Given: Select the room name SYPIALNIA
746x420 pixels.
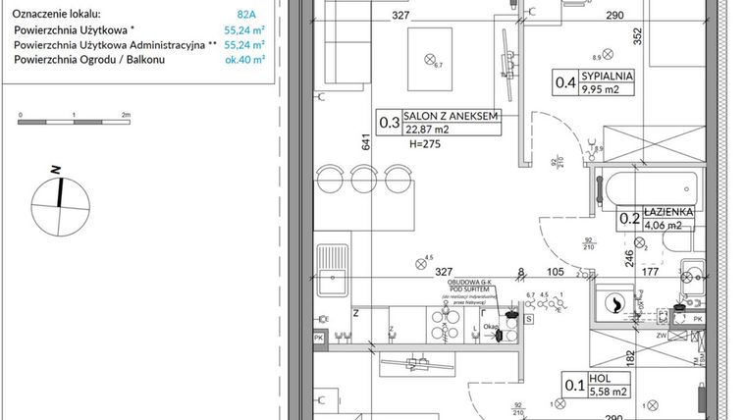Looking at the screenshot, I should (x=608, y=75).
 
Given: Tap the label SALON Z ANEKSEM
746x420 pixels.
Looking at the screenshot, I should (x=453, y=116).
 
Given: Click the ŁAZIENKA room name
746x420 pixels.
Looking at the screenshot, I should (x=668, y=211).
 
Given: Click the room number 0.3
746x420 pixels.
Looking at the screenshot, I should (x=389, y=123).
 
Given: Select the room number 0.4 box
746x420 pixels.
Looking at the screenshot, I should (x=564, y=81).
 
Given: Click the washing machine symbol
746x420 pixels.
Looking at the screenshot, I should (x=617, y=304).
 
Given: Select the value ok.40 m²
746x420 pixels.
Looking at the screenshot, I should (x=245, y=59).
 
